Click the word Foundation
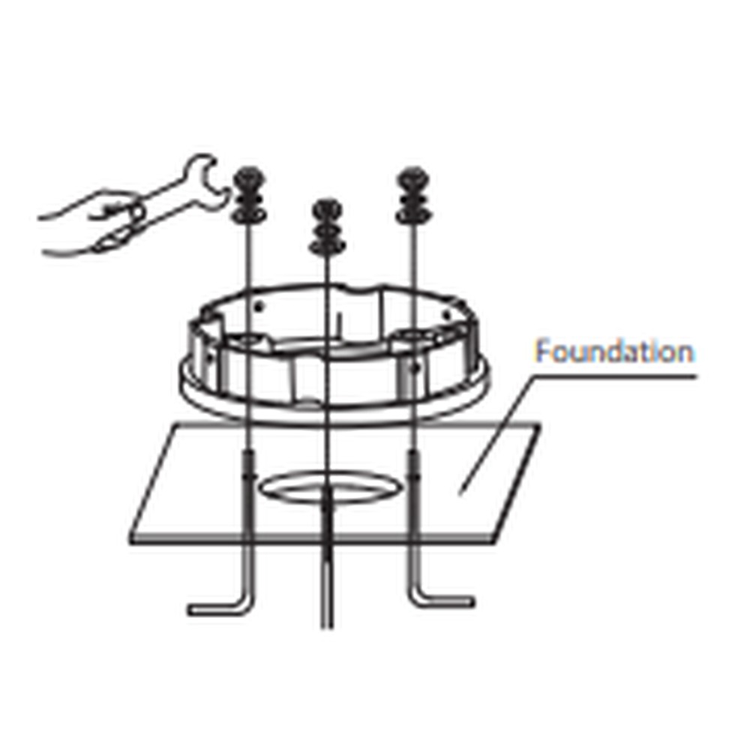[x=613, y=352]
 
